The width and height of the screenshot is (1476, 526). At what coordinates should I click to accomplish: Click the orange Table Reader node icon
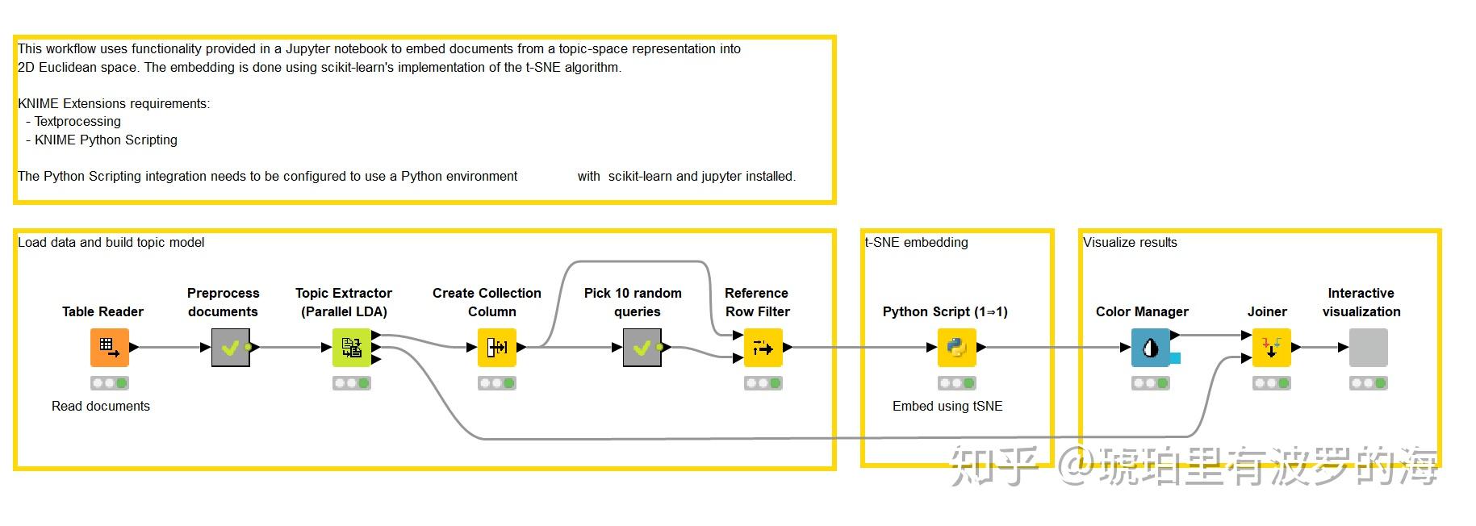coord(109,348)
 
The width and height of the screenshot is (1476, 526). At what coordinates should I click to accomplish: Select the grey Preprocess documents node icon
coord(230,348)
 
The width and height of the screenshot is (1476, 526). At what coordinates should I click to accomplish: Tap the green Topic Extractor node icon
coord(352,348)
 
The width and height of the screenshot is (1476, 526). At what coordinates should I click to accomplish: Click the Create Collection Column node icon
coord(497,348)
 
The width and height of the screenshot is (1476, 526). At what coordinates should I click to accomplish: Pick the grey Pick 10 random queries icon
coord(642,348)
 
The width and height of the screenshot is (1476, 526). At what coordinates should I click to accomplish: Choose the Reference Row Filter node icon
coord(763,348)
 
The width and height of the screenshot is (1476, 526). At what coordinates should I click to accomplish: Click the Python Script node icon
coord(957,348)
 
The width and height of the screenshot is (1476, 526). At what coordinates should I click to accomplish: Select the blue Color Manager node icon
coord(1151,348)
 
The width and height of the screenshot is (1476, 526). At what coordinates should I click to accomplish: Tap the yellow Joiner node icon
coord(1272,348)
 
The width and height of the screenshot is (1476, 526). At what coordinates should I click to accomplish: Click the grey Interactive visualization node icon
coord(1369,348)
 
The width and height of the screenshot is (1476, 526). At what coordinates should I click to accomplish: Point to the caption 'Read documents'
coord(101,406)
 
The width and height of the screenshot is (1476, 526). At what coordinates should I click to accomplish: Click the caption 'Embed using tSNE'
coord(947,406)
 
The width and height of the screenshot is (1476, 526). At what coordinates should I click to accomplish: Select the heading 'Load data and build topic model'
coord(111,242)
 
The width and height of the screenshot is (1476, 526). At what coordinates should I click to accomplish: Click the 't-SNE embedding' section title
coord(916,242)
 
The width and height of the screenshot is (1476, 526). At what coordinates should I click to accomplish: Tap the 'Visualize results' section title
coord(1130,242)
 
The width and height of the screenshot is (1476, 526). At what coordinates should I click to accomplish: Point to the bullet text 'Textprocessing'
coord(77,121)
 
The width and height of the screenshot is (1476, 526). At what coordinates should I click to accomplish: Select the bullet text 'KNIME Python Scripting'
coord(106,140)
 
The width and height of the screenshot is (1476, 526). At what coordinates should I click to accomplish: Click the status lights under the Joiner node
coord(1272,383)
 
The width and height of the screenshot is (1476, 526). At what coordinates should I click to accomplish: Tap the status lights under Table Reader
coord(110,383)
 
